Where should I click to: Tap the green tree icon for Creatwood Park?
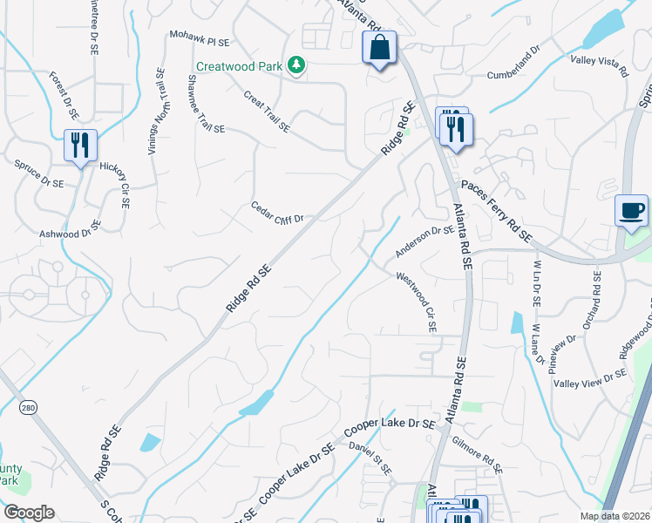coord(297,65)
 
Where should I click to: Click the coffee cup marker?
coord(632,211)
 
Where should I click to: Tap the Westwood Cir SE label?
coord(417,301)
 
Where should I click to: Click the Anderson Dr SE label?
coord(424,242)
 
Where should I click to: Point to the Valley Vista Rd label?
coord(600,65)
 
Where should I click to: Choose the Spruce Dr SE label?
coord(38,173)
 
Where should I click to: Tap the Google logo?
coord(28,512)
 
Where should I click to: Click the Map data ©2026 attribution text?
coord(615,516)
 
